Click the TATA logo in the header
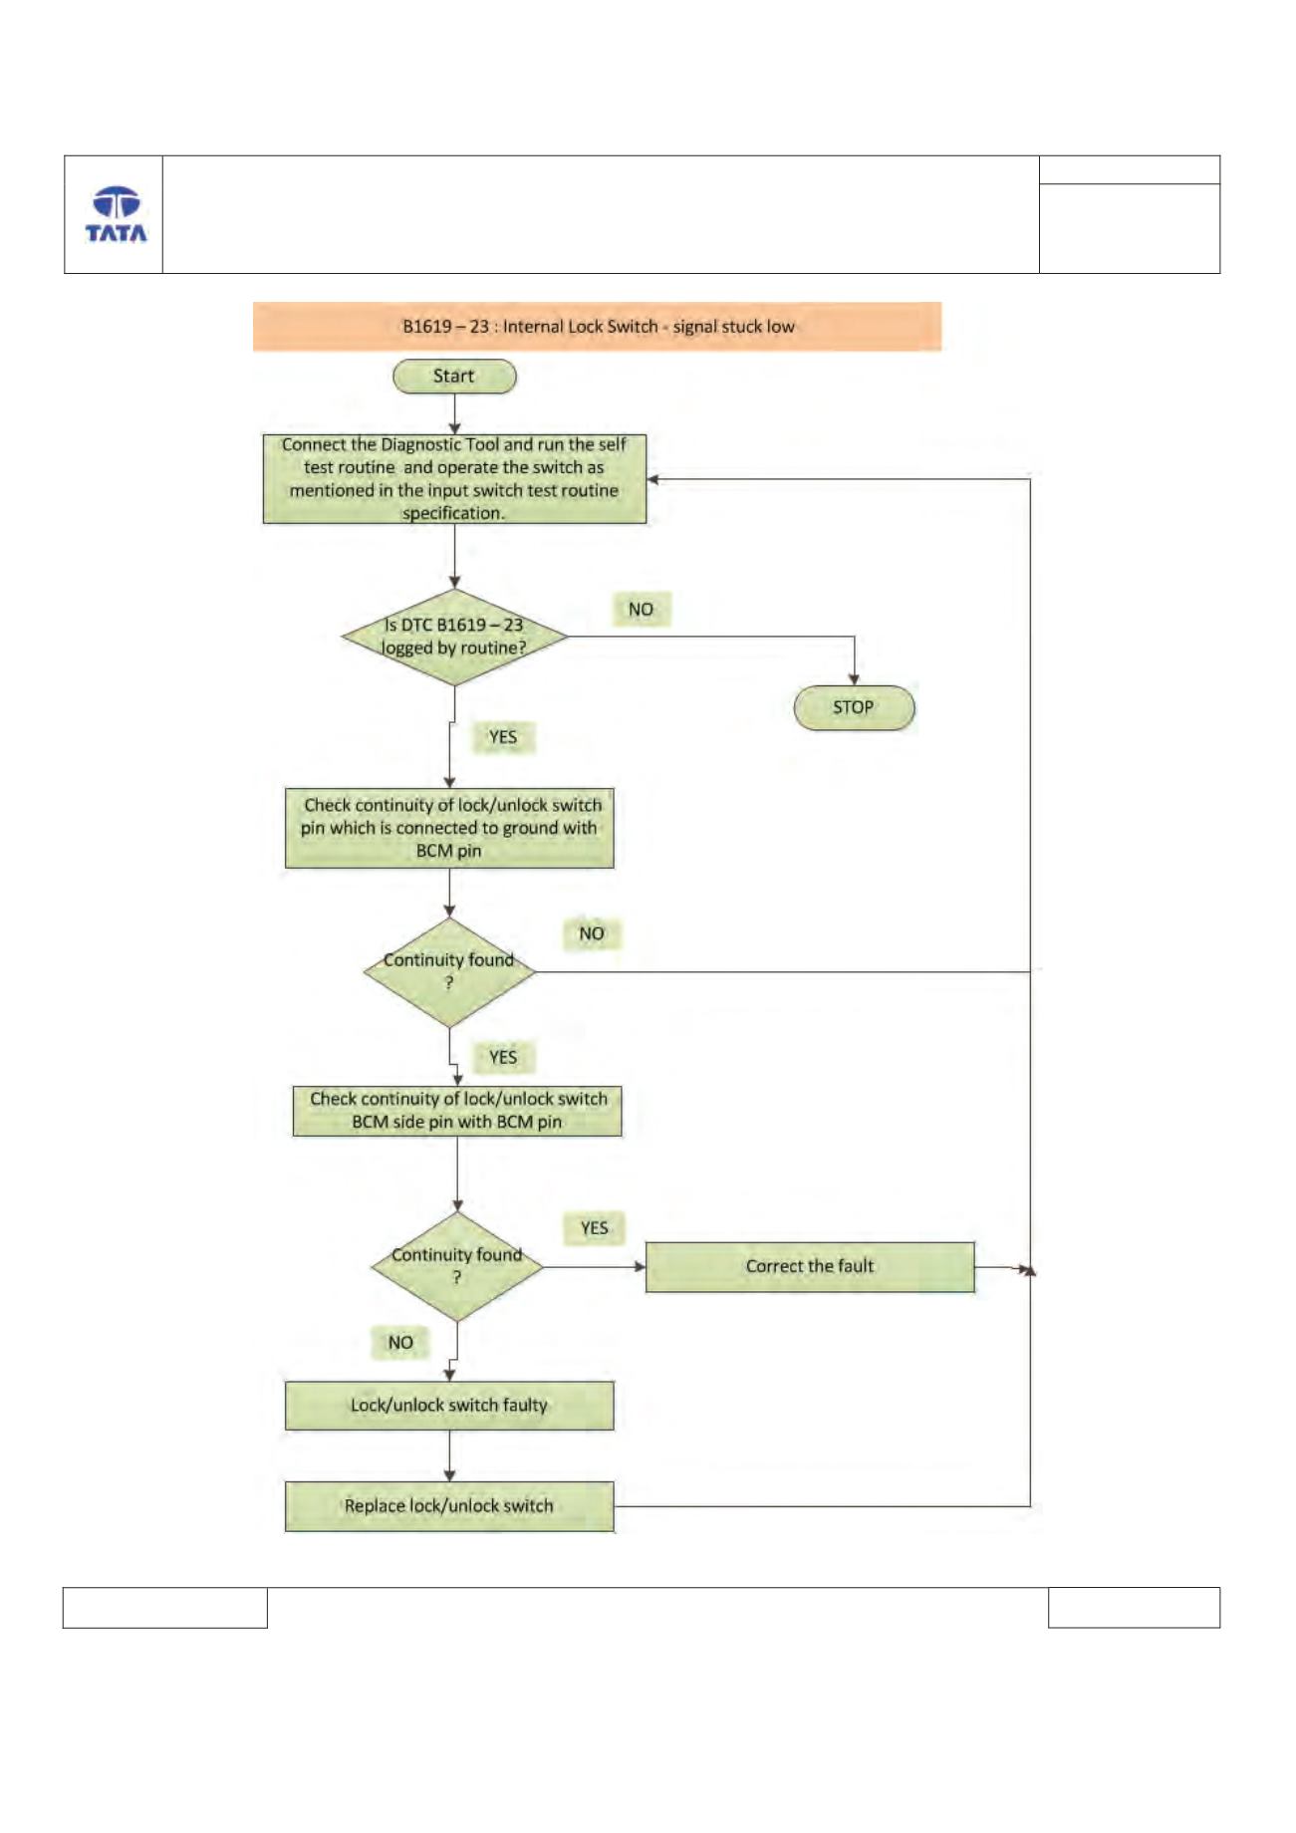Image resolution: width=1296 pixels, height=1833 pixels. (116, 214)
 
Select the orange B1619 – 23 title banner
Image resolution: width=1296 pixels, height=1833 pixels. (597, 327)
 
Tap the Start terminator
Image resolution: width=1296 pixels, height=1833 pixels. (454, 377)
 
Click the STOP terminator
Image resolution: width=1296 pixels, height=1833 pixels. (854, 707)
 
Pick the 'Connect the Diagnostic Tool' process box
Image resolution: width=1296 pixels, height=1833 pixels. (454, 478)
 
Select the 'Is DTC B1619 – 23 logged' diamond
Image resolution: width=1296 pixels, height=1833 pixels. (454, 637)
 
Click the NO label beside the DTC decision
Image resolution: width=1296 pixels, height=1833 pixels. (641, 610)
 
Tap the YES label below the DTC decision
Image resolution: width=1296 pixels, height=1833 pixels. (503, 737)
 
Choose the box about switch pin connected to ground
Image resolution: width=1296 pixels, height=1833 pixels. (449, 828)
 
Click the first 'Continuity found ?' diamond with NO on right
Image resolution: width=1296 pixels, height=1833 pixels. (449, 972)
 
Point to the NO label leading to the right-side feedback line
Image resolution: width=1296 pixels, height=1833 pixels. (592, 934)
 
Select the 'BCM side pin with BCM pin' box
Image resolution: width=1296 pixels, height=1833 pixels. (457, 1111)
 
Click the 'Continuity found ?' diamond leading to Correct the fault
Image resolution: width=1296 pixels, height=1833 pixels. (457, 1267)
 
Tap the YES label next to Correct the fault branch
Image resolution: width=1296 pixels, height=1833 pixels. (595, 1228)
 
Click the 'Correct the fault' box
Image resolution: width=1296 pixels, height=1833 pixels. (810, 1267)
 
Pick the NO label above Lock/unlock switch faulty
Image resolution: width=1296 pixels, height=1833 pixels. (400, 1343)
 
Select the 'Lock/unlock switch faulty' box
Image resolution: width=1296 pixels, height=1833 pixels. (449, 1406)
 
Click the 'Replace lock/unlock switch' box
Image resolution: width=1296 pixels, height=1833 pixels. (449, 1506)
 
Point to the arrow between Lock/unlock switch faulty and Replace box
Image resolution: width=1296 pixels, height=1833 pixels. (449, 1456)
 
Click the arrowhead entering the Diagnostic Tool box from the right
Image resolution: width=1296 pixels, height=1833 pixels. (652, 479)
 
